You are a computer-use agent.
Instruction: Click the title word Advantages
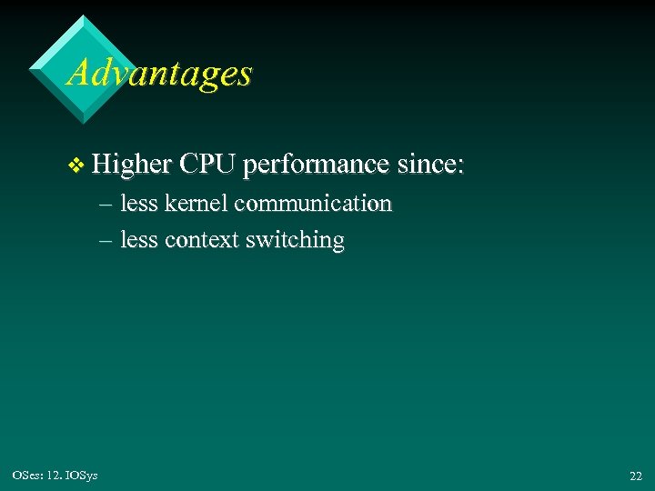pyautogui.click(x=159, y=73)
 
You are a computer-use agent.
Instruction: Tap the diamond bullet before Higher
pyautogui.click(x=76, y=165)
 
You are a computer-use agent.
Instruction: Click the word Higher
pyautogui.click(x=132, y=165)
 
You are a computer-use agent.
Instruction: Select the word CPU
pyautogui.click(x=207, y=165)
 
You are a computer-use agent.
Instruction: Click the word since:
pyautogui.click(x=431, y=165)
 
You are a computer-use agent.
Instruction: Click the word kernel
pyautogui.click(x=196, y=204)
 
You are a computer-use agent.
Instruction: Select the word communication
pyautogui.click(x=313, y=204)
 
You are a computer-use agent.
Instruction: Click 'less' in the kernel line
pyautogui.click(x=139, y=204)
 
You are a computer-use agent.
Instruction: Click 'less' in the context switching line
pyautogui.click(x=139, y=241)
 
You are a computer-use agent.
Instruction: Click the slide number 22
pyautogui.click(x=635, y=476)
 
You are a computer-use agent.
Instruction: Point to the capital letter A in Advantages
pyautogui.click(x=79, y=73)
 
